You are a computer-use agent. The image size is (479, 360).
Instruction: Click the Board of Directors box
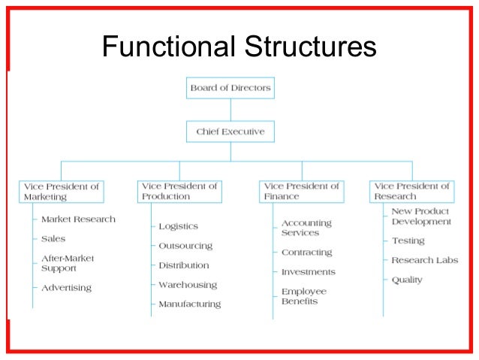coord(230,88)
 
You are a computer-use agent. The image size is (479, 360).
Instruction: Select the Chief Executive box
coord(230,132)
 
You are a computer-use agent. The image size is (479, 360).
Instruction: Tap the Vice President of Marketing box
coord(61,191)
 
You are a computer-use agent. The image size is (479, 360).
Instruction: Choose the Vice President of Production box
coord(179,191)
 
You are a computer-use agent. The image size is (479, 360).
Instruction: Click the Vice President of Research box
coord(411,191)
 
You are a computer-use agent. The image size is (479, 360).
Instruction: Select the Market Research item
coord(78,219)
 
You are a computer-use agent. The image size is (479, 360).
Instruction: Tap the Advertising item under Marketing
coord(66,288)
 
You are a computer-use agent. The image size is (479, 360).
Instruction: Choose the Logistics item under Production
coord(178,226)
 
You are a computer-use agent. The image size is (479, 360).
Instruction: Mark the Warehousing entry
coord(187,285)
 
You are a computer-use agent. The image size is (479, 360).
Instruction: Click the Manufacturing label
coord(189,304)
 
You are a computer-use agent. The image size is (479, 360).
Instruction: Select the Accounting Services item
coord(306,228)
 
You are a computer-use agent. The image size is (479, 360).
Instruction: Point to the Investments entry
coord(308,272)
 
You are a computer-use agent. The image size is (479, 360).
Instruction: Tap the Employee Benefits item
coord(304,296)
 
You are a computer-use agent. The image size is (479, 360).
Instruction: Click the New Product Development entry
coord(421,216)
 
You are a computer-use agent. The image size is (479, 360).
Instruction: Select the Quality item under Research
coord(407,280)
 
